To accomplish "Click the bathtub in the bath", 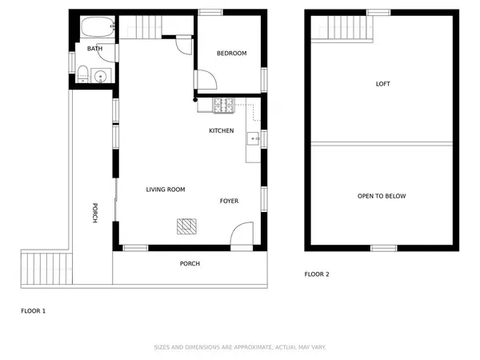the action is (x=98, y=27).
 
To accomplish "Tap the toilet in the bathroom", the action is (x=82, y=74).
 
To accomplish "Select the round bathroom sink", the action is (x=101, y=76).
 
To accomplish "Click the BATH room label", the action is (x=95, y=48).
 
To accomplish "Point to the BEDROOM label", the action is (x=232, y=54).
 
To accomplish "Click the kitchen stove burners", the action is (x=224, y=106).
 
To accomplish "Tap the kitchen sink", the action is (x=253, y=138).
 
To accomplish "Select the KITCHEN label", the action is (x=222, y=130).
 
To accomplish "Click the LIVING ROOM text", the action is (x=166, y=190).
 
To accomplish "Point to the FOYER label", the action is (x=229, y=201).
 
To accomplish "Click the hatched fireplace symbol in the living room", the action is (x=186, y=226).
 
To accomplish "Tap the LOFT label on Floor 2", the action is (x=383, y=84).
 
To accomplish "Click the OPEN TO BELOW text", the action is (x=382, y=196).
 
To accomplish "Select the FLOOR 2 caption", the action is (x=317, y=274).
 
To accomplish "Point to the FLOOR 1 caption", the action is (x=34, y=311).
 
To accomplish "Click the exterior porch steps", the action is (x=46, y=269).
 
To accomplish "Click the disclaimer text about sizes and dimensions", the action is (x=240, y=347).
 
